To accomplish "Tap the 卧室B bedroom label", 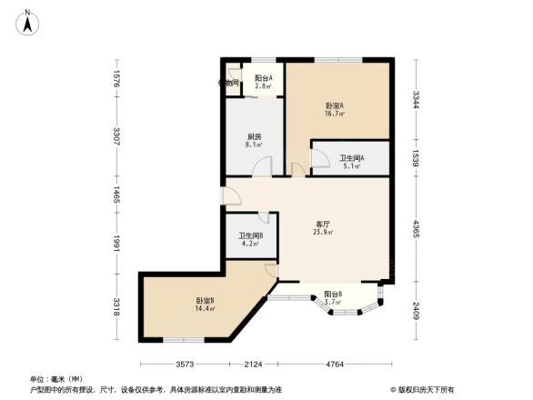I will coord(204,301).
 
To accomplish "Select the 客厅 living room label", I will coord(323,223).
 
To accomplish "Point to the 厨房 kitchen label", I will coord(255,137).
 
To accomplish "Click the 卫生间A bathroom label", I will coord(351,158).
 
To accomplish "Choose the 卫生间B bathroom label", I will coord(251,236).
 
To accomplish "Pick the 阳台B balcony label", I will coord(333,295).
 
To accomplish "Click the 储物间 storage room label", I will coord(228,83).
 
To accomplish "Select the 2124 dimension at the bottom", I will coord(252,365).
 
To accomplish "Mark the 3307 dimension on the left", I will coord(117,136).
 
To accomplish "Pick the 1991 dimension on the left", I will coord(117,245).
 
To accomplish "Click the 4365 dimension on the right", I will coord(415,228).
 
